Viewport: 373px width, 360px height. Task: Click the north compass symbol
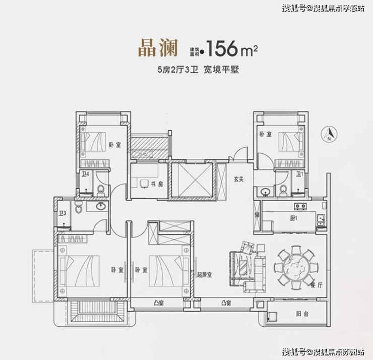click(x=329, y=134)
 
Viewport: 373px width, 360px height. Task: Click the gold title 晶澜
click(x=158, y=48)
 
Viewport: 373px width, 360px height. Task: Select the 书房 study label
click(x=157, y=184)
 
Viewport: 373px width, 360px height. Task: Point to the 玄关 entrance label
click(x=238, y=179)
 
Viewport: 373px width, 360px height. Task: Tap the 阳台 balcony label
click(x=302, y=314)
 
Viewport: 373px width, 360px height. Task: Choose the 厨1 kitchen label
click(x=293, y=218)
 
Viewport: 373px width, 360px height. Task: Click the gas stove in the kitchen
click(x=300, y=206)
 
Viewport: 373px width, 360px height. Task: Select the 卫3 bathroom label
click(x=63, y=213)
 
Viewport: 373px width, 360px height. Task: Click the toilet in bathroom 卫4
click(x=101, y=190)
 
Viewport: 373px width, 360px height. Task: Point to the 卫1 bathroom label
click(x=300, y=174)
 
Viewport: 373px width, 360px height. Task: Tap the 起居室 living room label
click(x=205, y=275)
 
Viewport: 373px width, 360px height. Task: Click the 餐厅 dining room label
click(x=317, y=285)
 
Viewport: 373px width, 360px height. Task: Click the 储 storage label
click(x=257, y=215)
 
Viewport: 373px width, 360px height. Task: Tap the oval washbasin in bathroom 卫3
click(x=101, y=206)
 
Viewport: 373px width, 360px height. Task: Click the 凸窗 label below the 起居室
click(x=226, y=303)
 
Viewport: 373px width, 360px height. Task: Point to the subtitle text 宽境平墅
click(x=221, y=70)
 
